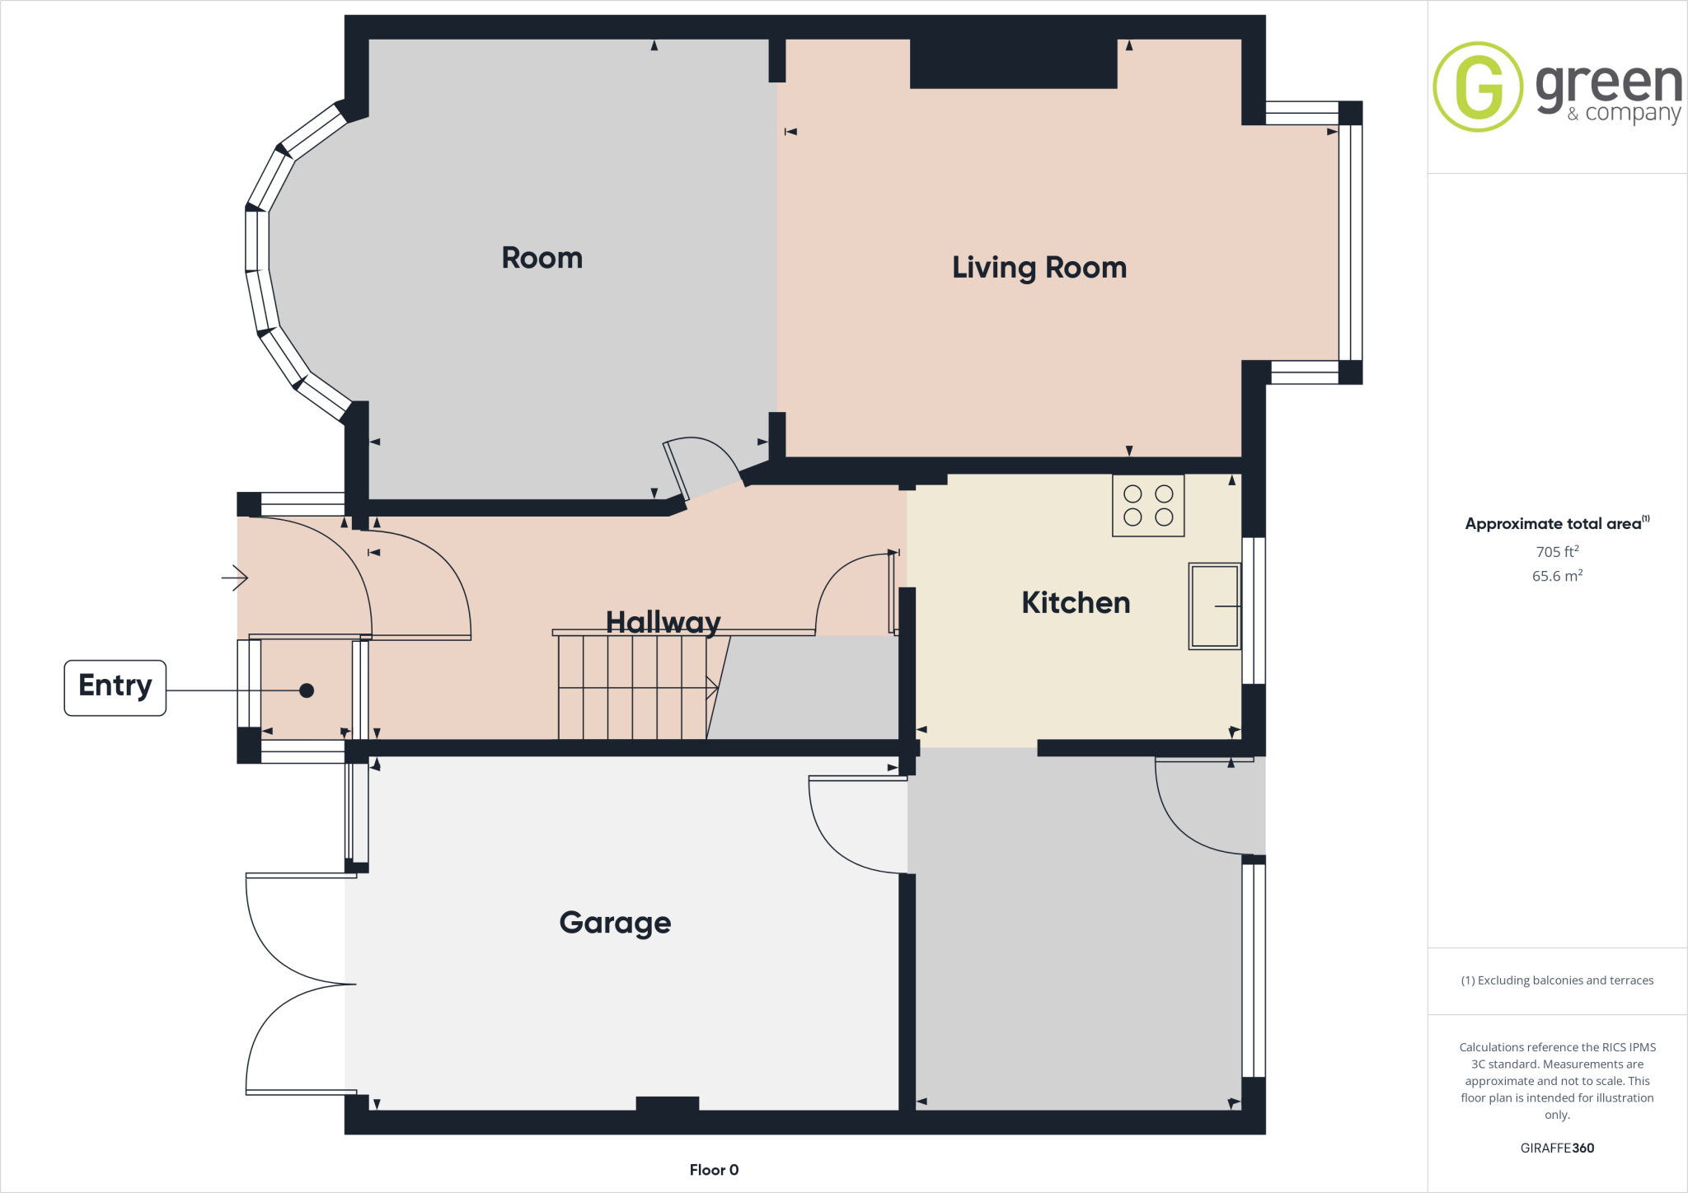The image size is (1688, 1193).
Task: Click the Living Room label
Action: click(1039, 268)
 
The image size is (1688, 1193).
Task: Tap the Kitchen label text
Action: click(1076, 602)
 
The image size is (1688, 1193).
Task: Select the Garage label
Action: click(615, 922)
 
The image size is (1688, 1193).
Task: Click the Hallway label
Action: click(663, 622)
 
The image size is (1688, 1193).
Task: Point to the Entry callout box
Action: click(115, 688)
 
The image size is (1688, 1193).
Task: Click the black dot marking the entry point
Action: click(307, 690)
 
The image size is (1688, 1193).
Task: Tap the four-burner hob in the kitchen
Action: click(1148, 506)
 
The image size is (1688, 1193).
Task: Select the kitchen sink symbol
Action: click(1214, 606)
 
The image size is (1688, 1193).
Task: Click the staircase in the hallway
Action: click(632, 687)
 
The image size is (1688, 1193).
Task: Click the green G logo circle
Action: click(1478, 87)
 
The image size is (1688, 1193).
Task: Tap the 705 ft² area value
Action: click(1557, 551)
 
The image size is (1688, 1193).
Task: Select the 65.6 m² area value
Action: click(1557, 576)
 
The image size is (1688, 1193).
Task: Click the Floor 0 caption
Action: click(714, 1170)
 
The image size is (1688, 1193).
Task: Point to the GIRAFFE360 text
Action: click(1557, 1148)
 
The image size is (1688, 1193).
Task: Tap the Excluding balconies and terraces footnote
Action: click(1557, 980)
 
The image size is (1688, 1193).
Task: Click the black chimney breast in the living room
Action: click(1013, 64)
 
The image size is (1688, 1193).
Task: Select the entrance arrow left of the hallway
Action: click(235, 578)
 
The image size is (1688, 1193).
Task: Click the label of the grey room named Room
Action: click(542, 258)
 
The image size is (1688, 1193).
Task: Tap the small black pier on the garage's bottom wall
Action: click(668, 1104)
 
